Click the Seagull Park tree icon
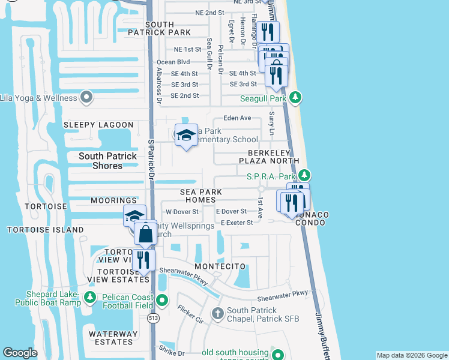(295, 97)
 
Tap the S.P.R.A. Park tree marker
(305, 175)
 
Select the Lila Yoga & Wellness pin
(87, 97)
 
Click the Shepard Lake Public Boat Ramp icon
(89, 297)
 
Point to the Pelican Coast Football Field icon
(161, 301)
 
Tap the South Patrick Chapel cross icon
(217, 313)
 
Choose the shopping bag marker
(146, 233)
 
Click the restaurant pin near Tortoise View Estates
(143, 260)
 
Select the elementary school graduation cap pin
(186, 135)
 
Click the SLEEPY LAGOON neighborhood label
(98, 125)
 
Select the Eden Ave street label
(237, 118)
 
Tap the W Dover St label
(182, 212)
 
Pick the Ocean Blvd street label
(173, 62)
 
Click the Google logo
(20, 353)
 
